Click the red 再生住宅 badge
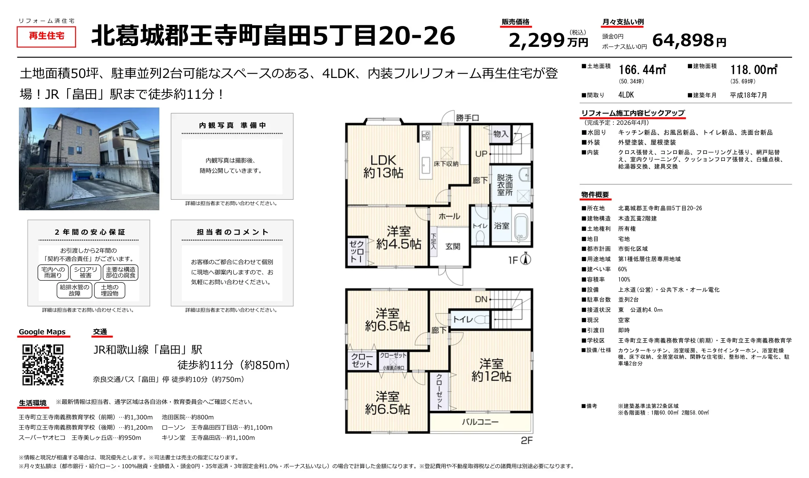point(46,36)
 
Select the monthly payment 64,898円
point(689,40)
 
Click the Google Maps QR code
point(43,365)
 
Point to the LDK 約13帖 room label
point(383,166)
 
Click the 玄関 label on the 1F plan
point(453,246)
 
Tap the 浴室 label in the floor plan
point(501,226)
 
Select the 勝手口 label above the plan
point(467,118)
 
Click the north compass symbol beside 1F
point(526,259)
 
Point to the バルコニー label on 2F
point(480,422)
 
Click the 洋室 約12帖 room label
point(491,370)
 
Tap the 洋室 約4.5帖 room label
point(399,237)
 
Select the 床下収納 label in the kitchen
point(446,164)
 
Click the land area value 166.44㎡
point(643,70)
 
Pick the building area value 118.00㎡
point(754,70)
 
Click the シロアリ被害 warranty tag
point(85,272)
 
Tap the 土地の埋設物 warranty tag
point(109,290)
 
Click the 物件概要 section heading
point(595,195)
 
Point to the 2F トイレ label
point(463,319)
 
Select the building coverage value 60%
point(622,269)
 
